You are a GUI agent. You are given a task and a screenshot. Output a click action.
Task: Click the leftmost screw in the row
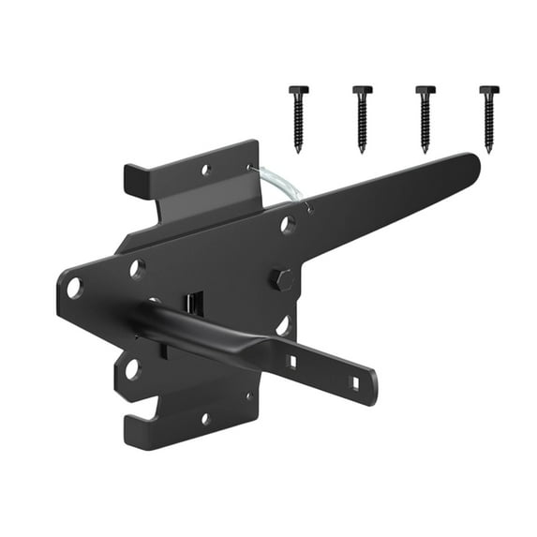[297, 117]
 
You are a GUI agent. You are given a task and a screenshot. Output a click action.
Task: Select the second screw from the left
[361, 117]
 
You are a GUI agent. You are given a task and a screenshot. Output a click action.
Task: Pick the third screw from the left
[425, 117]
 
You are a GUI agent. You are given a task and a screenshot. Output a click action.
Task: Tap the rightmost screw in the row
[488, 117]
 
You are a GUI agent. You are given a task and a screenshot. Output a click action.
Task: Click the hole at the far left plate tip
[75, 288]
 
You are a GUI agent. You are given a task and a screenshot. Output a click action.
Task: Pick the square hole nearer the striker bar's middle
[291, 361]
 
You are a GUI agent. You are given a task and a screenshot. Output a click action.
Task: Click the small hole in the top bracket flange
[206, 171]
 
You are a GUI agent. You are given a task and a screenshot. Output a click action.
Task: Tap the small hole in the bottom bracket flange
[205, 418]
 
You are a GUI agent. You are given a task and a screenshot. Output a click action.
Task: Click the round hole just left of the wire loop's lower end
[288, 225]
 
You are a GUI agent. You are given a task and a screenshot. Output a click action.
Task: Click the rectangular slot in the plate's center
[193, 303]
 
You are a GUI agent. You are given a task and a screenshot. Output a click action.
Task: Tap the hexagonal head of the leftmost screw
[297, 90]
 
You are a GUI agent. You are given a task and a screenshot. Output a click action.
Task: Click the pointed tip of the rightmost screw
[488, 148]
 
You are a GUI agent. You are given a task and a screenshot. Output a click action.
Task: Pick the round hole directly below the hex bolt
[283, 325]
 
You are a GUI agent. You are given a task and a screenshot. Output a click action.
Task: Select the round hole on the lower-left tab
[131, 368]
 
